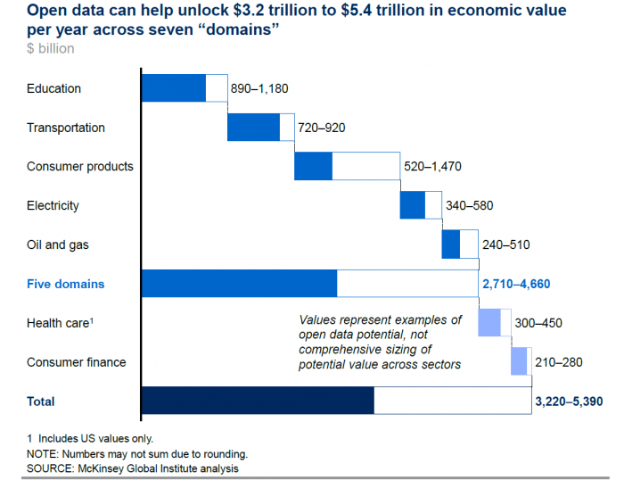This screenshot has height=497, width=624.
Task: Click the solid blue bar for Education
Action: coord(173,88)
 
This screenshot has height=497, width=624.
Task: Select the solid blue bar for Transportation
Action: coord(253,128)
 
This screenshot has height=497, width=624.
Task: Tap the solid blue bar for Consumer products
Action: coord(313,166)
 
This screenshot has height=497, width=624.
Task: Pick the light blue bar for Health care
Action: coord(489,323)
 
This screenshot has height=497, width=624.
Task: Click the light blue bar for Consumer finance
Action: coord(519,361)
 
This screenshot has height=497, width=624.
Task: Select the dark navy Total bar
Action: coord(258,401)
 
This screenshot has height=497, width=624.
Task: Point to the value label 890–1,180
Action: coord(259,88)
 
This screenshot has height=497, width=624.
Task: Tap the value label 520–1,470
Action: coord(432,167)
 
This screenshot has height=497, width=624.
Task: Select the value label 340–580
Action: coord(469,205)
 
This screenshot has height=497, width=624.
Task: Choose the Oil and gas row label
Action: coord(58,244)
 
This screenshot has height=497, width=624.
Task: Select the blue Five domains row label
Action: coord(65,284)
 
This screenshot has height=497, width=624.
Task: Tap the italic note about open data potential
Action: coord(381,343)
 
